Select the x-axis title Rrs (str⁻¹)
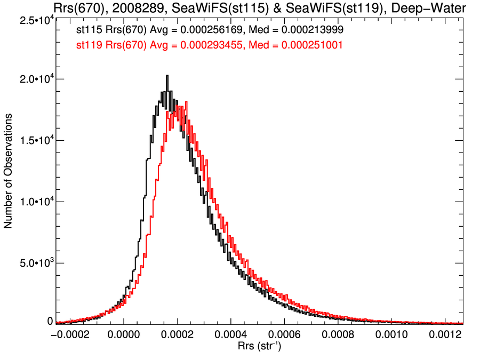(260, 347)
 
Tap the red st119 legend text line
(209, 46)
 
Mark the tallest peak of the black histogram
(167, 76)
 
